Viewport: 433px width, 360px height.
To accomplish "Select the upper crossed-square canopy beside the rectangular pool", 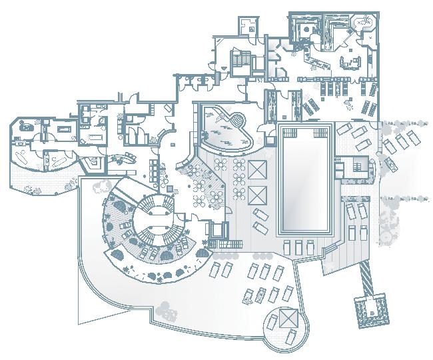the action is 256,169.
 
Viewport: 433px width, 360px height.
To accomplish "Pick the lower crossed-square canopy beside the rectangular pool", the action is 256,195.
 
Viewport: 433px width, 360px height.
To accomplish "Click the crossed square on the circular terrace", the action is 288,318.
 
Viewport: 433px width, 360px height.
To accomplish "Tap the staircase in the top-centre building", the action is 241,61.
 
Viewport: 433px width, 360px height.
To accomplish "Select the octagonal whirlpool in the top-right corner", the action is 364,23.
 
